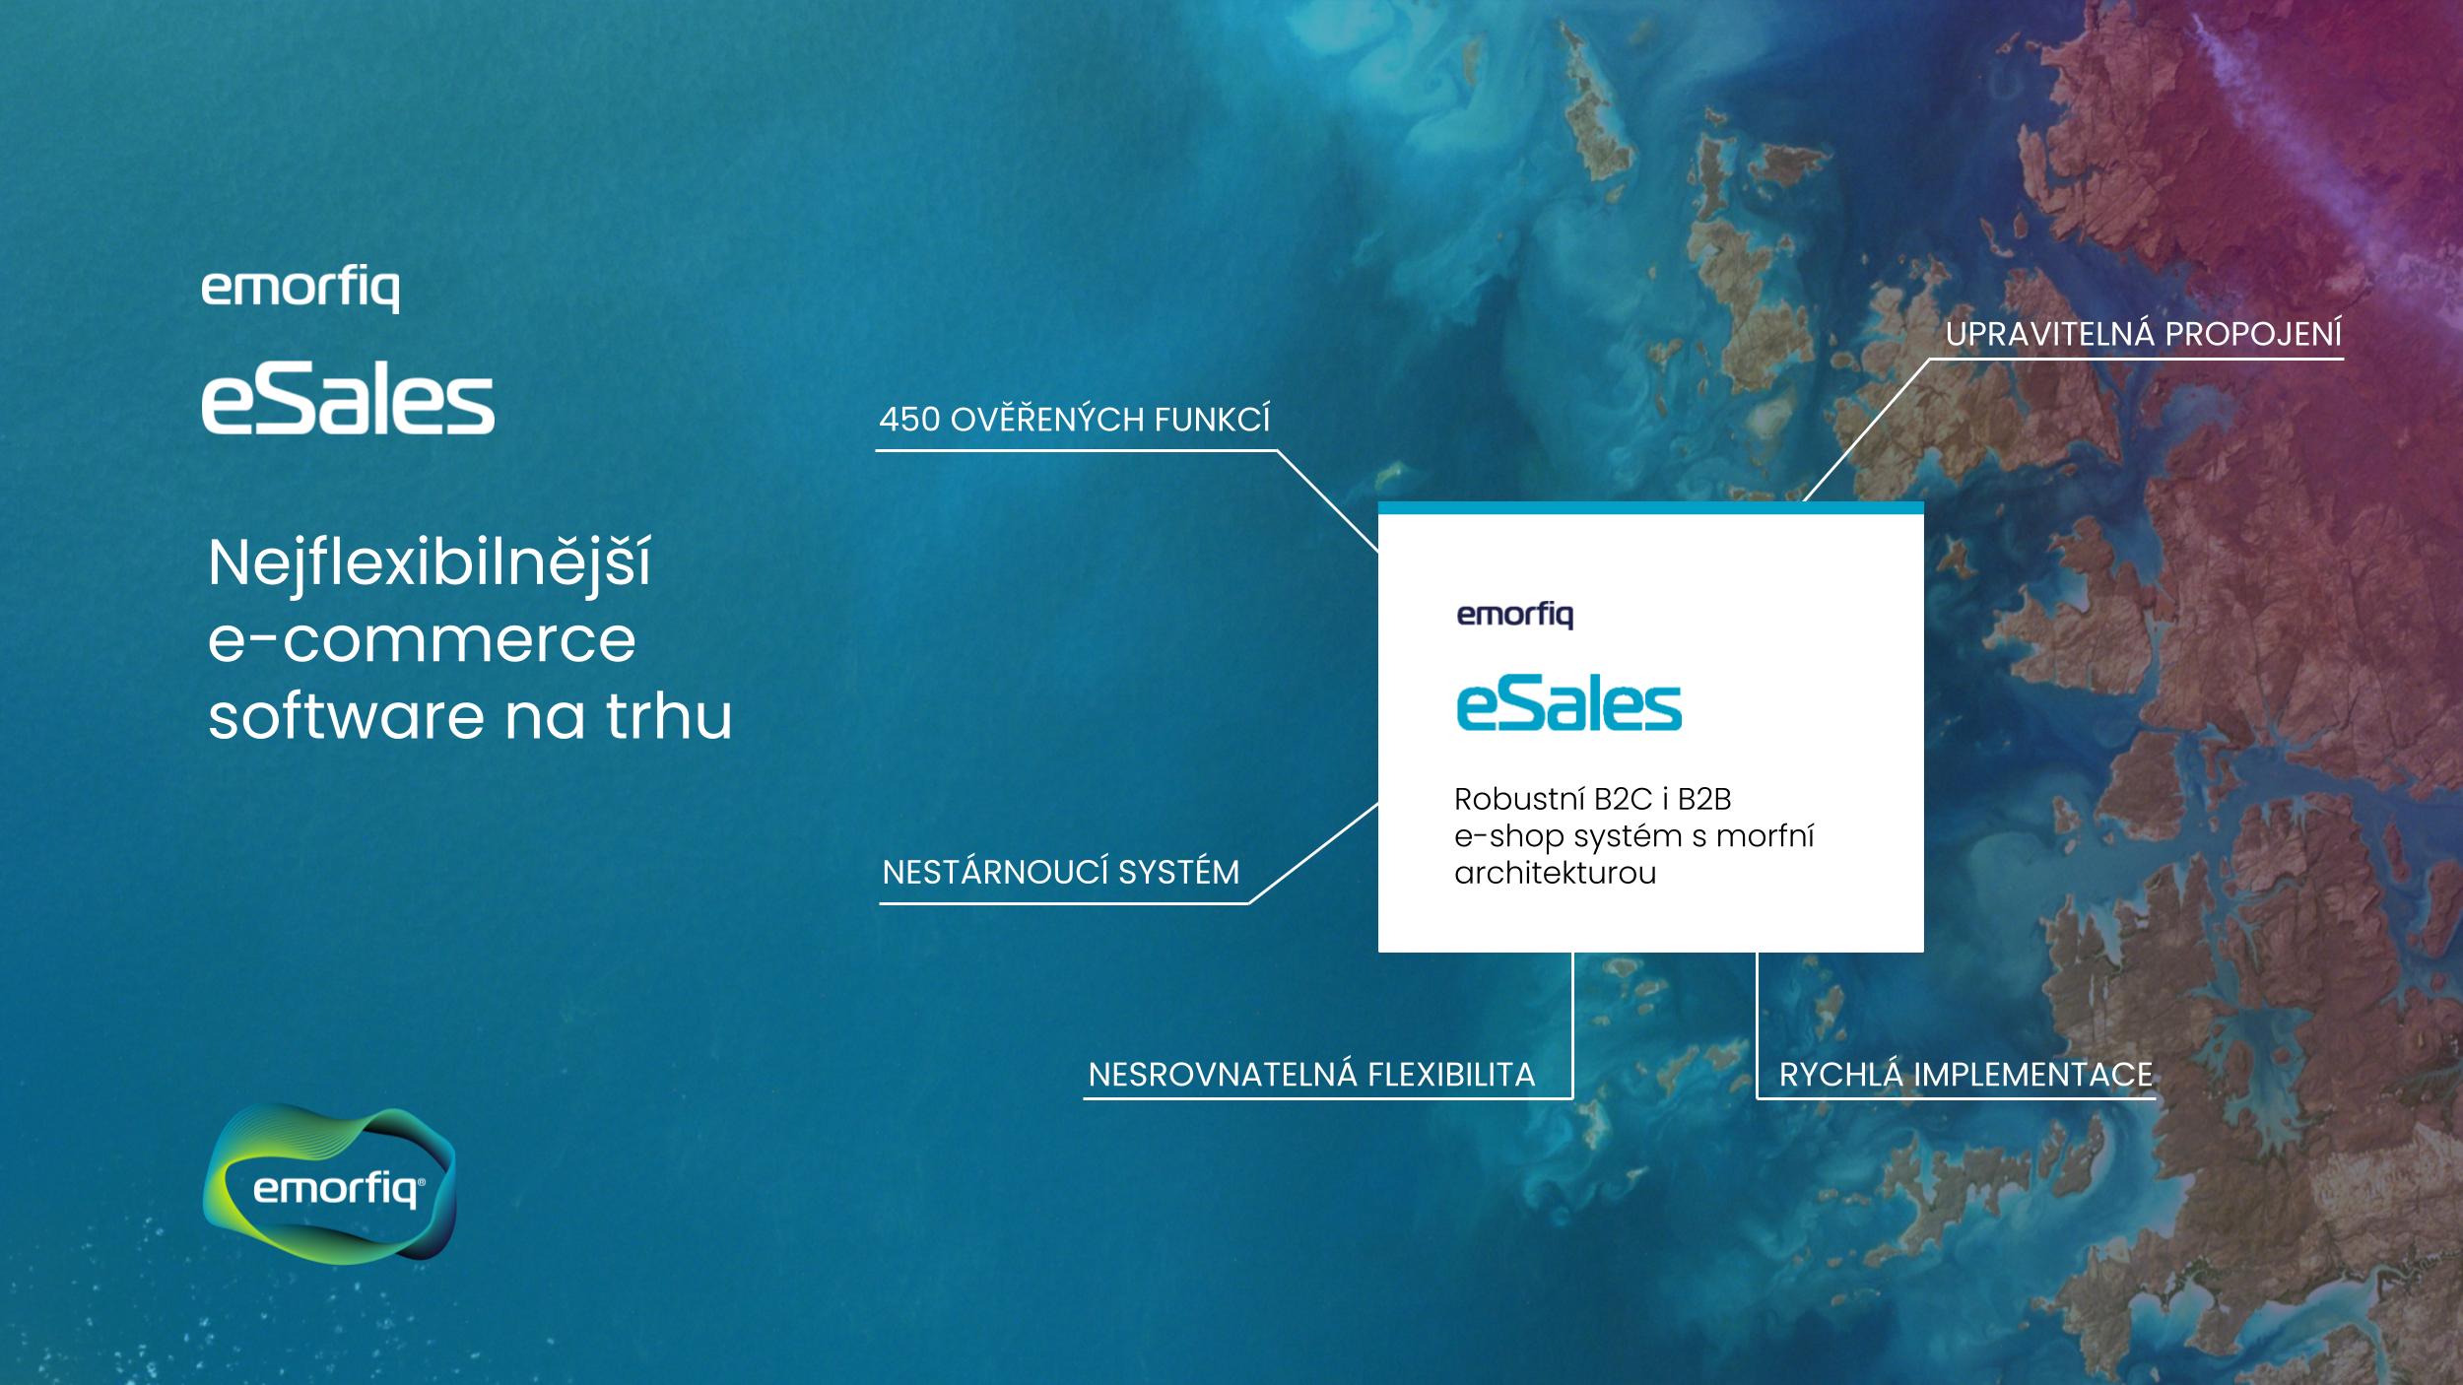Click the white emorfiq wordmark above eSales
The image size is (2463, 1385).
coord(300,292)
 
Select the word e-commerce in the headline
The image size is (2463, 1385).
coord(422,641)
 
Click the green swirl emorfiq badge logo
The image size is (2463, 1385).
coord(330,1182)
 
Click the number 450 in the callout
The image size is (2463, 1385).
coord(909,421)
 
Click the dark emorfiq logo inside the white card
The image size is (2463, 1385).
coord(1515,617)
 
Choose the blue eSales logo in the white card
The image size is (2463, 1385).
coord(1569,706)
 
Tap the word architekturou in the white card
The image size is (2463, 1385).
coord(1555,873)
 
